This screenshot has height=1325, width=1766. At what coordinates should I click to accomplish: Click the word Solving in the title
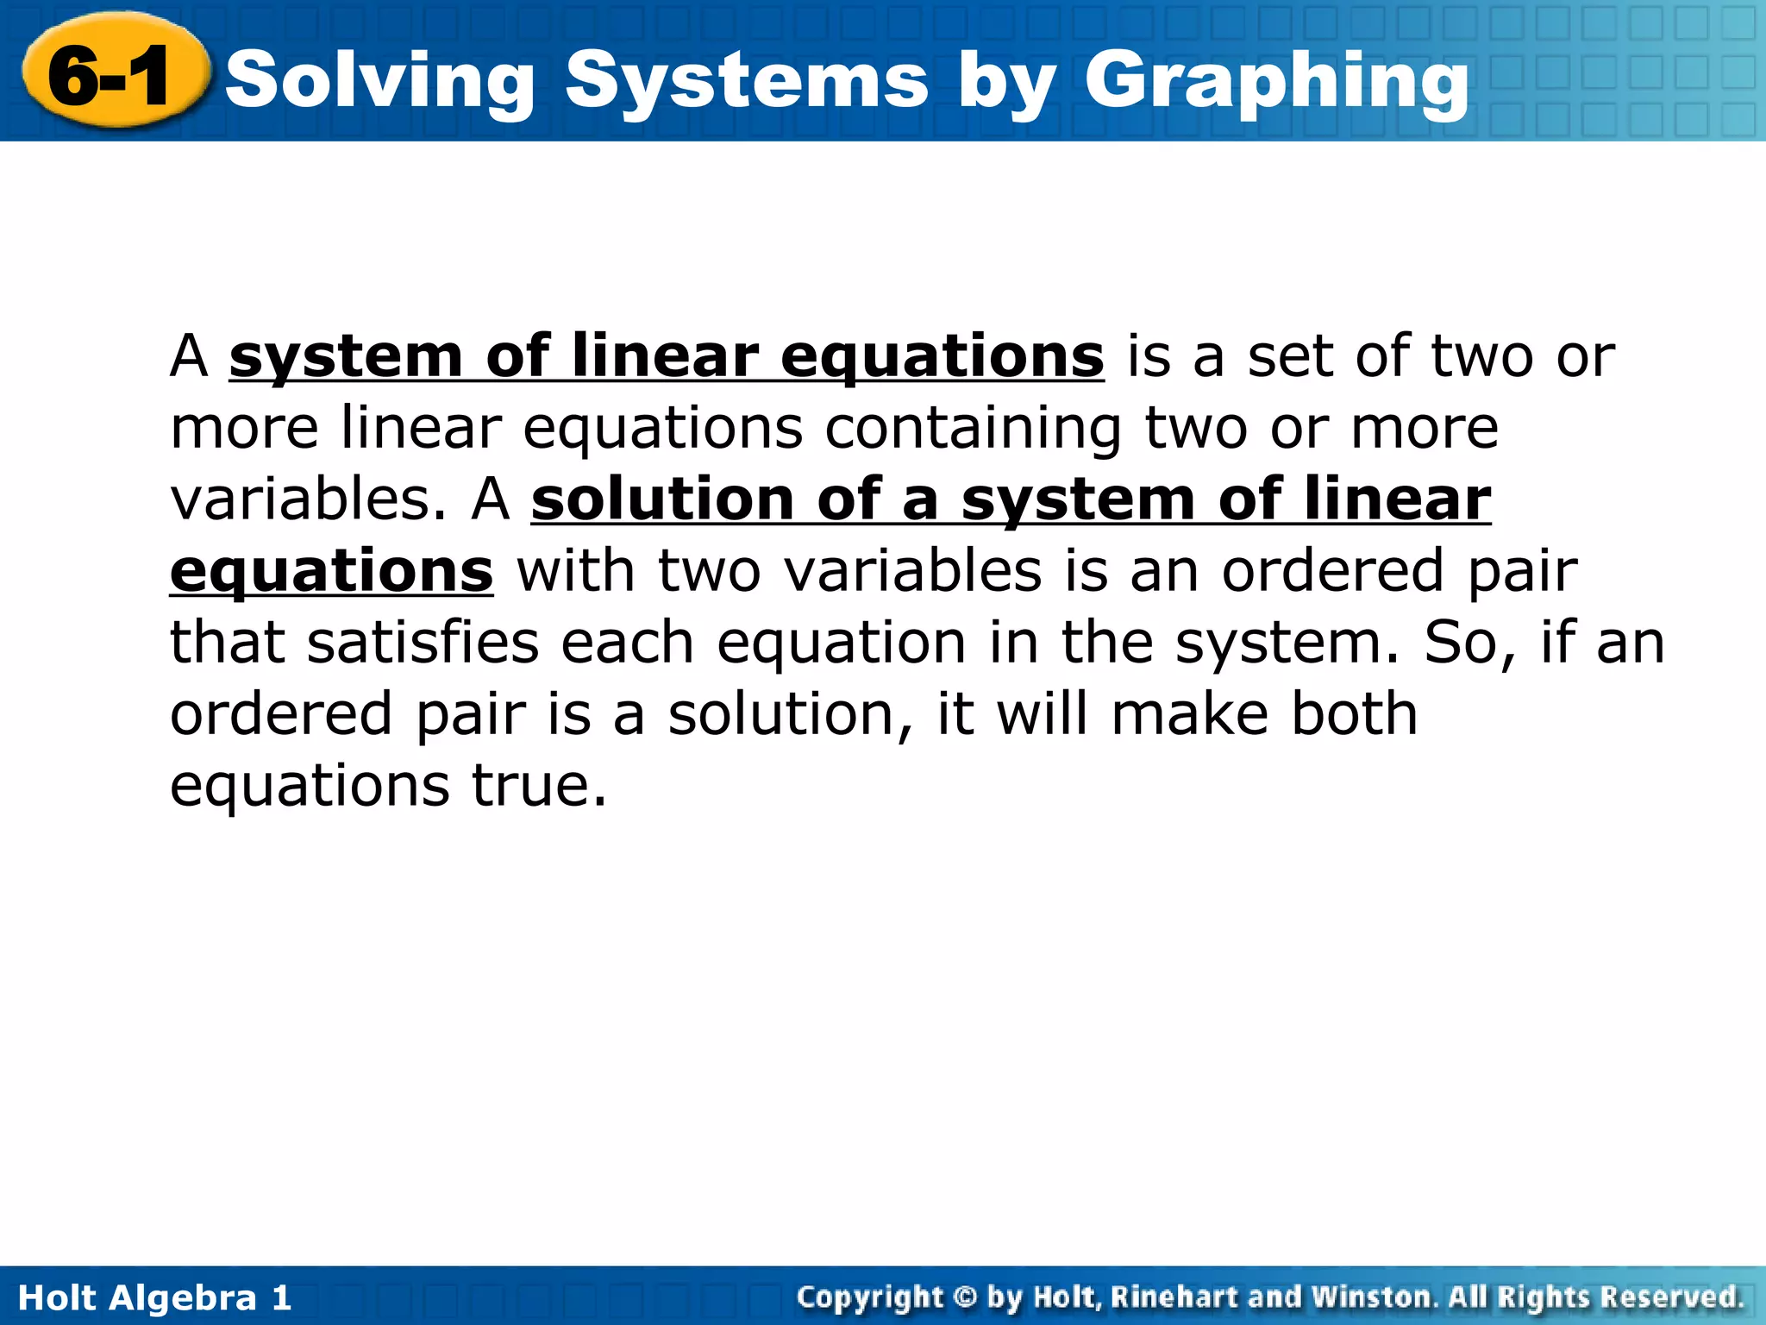click(x=380, y=82)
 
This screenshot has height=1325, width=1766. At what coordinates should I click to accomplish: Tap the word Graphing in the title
click(x=1276, y=82)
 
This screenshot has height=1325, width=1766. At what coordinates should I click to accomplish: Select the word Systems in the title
click(x=747, y=82)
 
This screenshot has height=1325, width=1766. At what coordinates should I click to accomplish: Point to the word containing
click(x=974, y=429)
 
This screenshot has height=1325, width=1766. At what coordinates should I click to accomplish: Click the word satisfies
click(x=423, y=644)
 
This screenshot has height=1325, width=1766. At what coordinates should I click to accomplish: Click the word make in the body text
click(x=1190, y=715)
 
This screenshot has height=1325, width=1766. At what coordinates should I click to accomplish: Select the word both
click(x=1354, y=715)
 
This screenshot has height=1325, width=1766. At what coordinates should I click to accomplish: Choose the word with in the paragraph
click(x=575, y=572)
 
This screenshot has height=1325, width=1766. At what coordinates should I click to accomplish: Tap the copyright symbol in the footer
click(x=966, y=1297)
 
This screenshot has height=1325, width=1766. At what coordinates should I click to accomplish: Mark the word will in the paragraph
click(x=1043, y=715)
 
